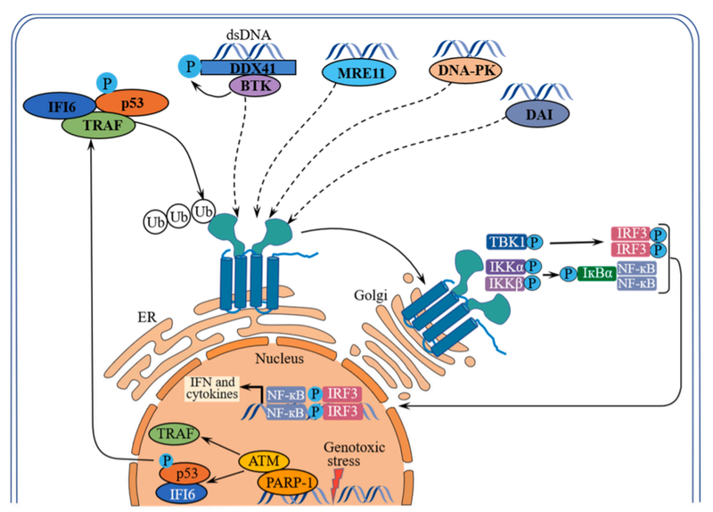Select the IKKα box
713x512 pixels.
pyautogui.click(x=505, y=266)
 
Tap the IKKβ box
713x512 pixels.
pyautogui.click(x=505, y=283)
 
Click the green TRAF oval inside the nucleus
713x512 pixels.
pyautogui.click(x=176, y=434)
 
